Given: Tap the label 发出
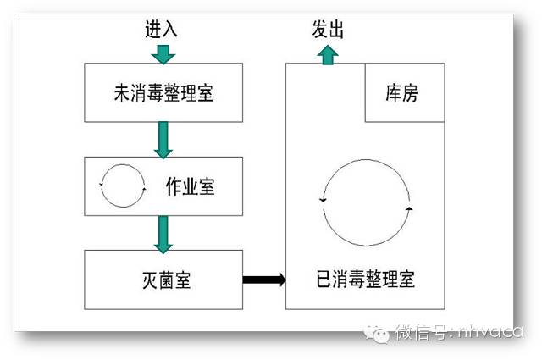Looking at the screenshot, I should pyautogui.click(x=328, y=30).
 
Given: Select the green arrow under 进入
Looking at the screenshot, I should pyautogui.click(x=163, y=54).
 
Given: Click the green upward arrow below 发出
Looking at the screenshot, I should pyautogui.click(x=328, y=55).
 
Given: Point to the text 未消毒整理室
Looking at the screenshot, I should pyautogui.click(x=163, y=92).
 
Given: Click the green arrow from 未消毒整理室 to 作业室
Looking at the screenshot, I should pyautogui.click(x=163, y=139).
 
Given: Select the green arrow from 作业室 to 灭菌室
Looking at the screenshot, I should pyautogui.click(x=163, y=232).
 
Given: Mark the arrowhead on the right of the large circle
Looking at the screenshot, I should pyautogui.click(x=409, y=207).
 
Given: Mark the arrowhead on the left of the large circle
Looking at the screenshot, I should pyautogui.click(x=322, y=200).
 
